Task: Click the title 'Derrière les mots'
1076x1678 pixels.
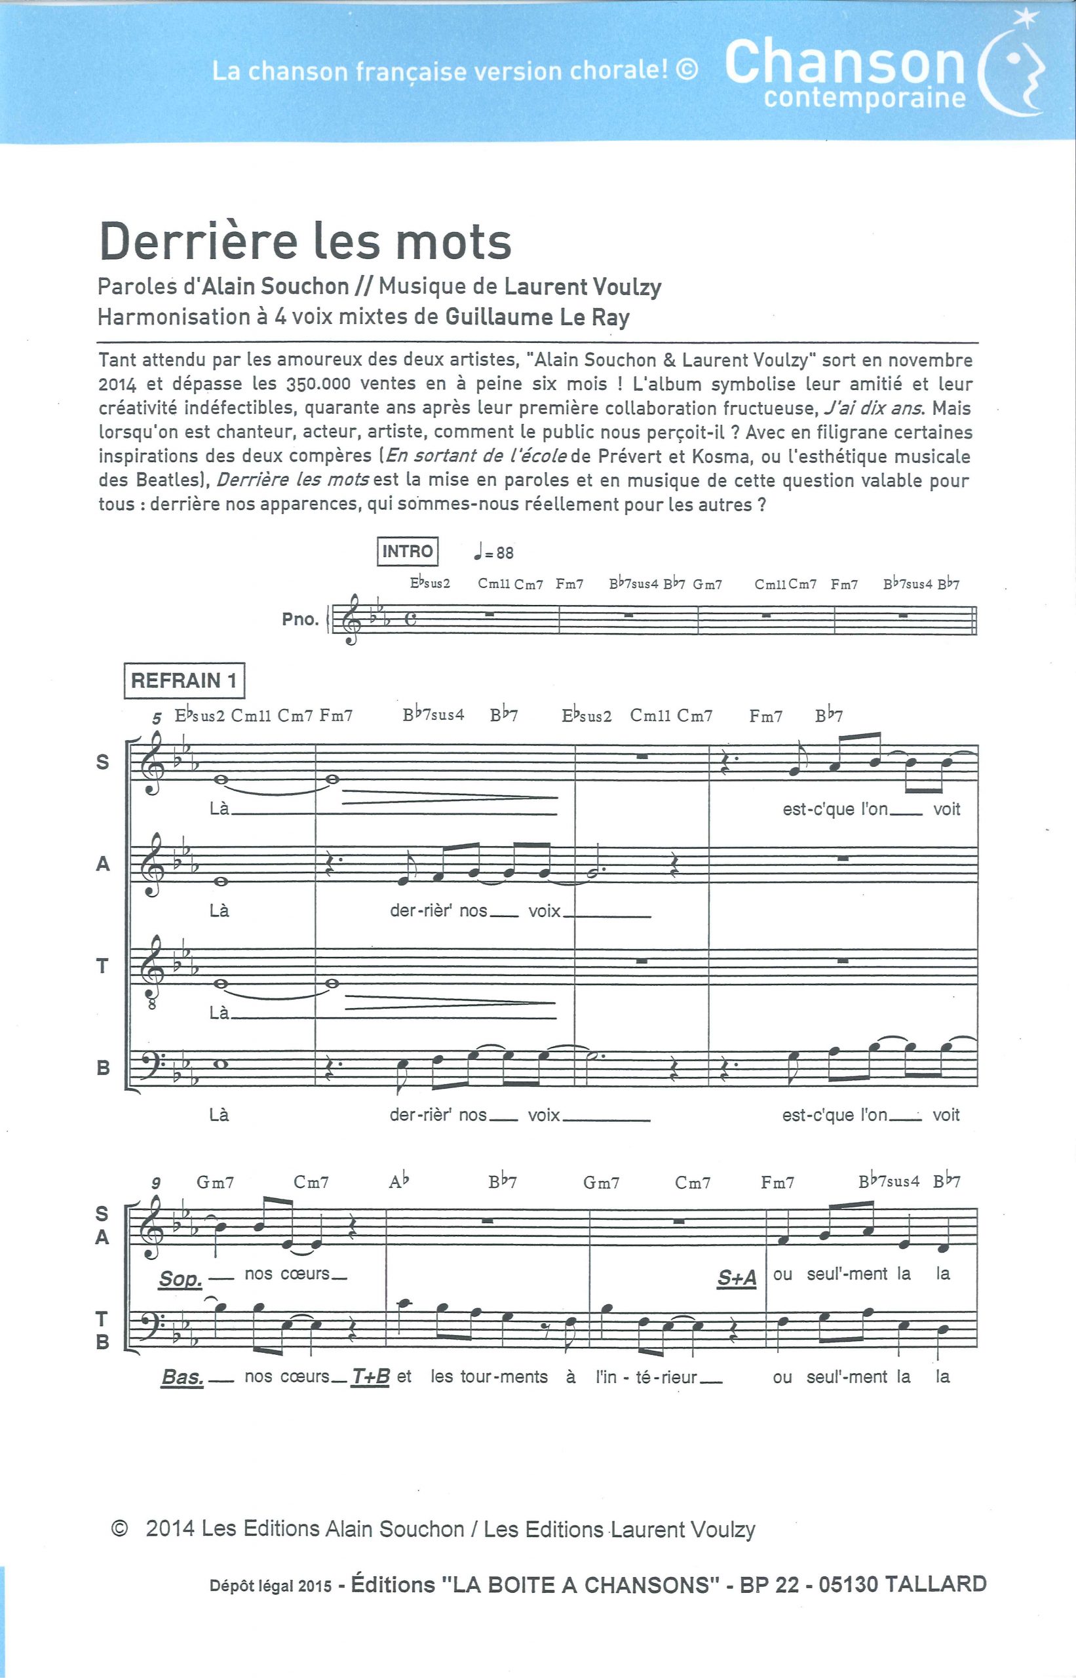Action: [305, 242]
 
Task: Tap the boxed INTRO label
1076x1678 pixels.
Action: [408, 551]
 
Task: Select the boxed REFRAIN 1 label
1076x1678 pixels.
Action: [183, 680]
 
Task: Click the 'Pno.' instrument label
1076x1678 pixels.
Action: [299, 619]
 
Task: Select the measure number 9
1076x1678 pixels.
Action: [156, 1182]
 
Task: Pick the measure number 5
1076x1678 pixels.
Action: [157, 717]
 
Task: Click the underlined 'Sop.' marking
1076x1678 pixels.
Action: [180, 1278]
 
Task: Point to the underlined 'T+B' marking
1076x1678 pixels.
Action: [370, 1375]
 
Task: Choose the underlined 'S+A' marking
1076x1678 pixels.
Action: [737, 1278]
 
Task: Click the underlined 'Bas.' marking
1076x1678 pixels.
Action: [182, 1376]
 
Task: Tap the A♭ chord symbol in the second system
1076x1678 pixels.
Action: [399, 1182]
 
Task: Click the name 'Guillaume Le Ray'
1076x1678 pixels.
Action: [537, 317]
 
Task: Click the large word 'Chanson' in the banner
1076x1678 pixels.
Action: [844, 63]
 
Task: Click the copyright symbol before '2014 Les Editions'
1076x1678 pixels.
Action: [119, 1529]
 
